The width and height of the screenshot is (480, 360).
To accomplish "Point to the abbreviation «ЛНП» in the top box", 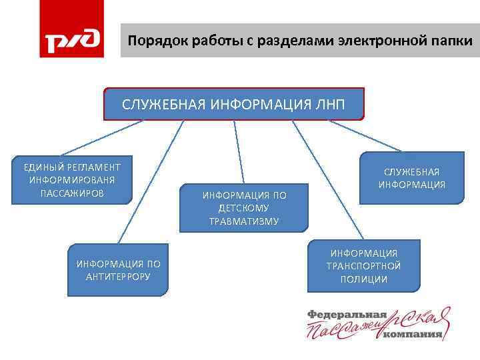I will pyautogui.click(x=329, y=104).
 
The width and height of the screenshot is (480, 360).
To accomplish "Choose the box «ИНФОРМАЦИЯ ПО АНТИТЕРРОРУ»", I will pyautogui.click(x=118, y=269).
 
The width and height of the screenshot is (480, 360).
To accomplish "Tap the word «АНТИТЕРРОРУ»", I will pyautogui.click(x=118, y=276).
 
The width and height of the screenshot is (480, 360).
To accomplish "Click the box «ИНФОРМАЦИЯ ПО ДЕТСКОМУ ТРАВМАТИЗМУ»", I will pyautogui.click(x=244, y=207).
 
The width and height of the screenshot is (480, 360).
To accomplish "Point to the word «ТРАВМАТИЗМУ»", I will pyautogui.click(x=244, y=221).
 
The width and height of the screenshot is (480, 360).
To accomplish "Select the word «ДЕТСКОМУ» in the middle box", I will pyautogui.click(x=244, y=208).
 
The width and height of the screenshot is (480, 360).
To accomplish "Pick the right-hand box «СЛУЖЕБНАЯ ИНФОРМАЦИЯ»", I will pyautogui.click(x=412, y=178).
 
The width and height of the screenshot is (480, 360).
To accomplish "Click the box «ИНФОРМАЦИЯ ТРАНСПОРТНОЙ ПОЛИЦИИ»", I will pyautogui.click(x=364, y=266).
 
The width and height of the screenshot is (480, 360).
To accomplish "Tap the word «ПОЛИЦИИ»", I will pyautogui.click(x=364, y=279).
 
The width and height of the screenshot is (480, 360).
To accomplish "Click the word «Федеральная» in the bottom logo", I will pyautogui.click(x=347, y=314).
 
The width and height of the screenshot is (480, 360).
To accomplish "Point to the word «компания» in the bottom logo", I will pyautogui.click(x=413, y=335).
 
